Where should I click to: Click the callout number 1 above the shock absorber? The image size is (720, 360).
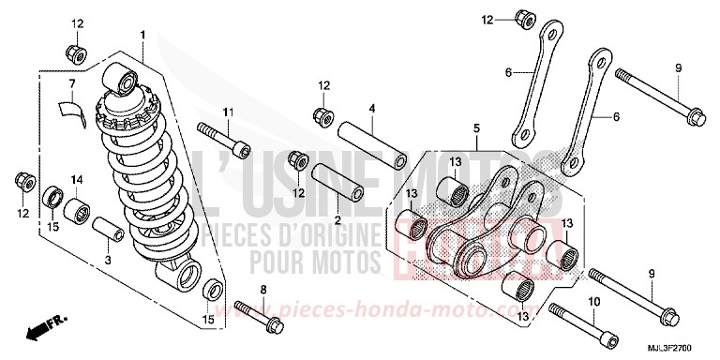(142, 35)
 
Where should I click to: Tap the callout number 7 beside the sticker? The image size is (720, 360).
(70, 84)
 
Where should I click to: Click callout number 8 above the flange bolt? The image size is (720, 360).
(263, 289)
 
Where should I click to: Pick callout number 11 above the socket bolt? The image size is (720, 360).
(226, 112)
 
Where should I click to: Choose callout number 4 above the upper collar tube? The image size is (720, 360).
(371, 110)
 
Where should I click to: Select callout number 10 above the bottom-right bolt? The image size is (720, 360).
(592, 302)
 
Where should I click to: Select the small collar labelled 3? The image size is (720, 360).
(107, 229)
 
